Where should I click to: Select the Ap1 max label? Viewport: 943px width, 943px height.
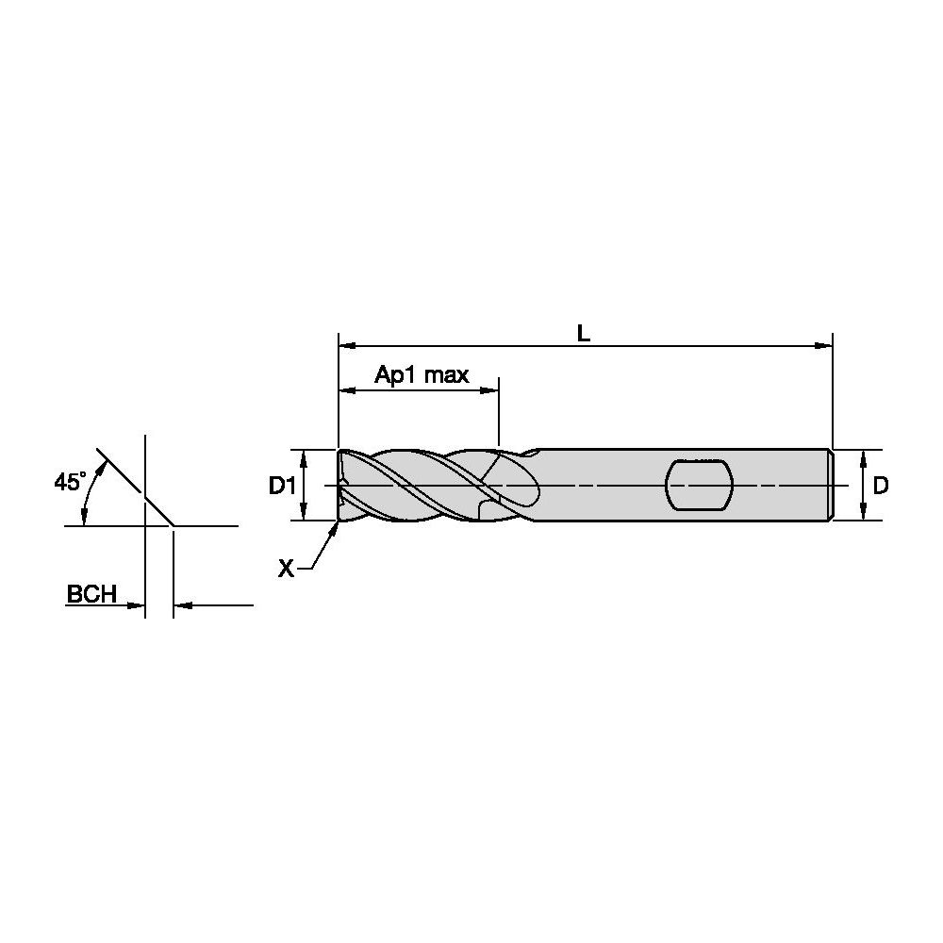click(x=422, y=374)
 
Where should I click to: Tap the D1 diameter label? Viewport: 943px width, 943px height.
click(x=282, y=485)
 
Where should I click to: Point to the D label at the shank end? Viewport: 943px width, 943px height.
click(x=881, y=485)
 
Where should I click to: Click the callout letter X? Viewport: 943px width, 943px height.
click(x=287, y=568)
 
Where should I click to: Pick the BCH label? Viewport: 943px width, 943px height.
click(x=91, y=593)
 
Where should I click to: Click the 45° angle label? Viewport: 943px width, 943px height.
click(x=70, y=481)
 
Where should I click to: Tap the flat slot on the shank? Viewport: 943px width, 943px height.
click(x=700, y=485)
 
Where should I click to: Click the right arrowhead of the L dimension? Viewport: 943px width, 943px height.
click(x=824, y=346)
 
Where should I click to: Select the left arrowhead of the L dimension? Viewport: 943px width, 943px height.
click(x=348, y=346)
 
